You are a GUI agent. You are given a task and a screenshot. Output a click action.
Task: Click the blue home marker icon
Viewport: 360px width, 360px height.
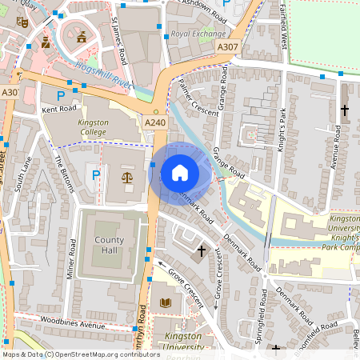pos(180,173)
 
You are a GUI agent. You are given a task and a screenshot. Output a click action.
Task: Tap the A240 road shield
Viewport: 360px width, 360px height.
pos(154,122)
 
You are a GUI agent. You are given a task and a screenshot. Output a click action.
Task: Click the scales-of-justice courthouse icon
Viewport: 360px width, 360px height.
pos(127,175)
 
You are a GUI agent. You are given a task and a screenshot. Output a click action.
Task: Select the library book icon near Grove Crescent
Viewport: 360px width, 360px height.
pos(166,302)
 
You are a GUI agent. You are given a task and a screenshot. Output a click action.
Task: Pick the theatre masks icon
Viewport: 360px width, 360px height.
pos(22,24)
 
